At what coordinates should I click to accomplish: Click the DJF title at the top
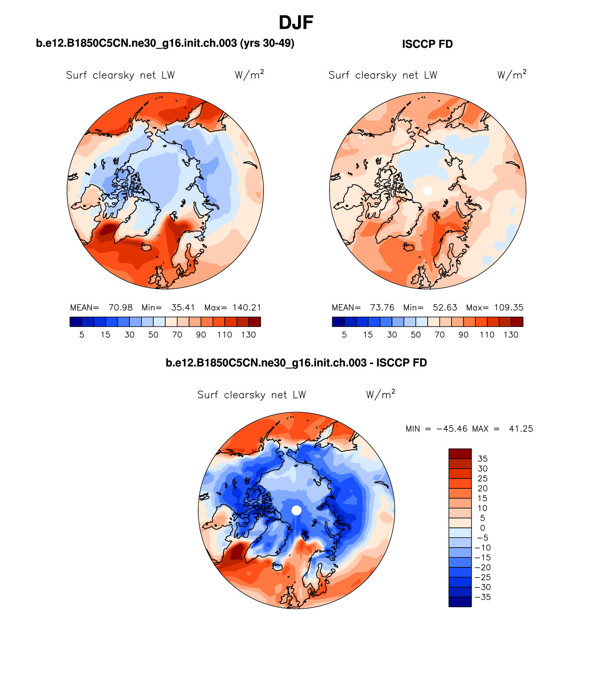(296, 23)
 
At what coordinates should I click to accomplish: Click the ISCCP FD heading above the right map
(427, 44)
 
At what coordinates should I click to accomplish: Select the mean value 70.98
(120, 308)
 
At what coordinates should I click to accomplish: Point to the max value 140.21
(247, 308)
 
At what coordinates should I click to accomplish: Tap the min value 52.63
(445, 308)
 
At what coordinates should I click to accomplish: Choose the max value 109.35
(509, 308)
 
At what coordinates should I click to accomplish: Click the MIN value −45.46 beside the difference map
(452, 429)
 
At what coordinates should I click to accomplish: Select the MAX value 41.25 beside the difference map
(521, 429)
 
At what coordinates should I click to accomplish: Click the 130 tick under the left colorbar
(249, 335)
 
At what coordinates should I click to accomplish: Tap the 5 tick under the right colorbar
(344, 335)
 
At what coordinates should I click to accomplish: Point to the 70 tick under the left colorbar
(177, 335)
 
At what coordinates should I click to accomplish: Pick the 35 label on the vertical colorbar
(483, 459)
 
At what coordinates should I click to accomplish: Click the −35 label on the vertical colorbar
(483, 597)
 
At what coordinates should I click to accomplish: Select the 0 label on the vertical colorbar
(483, 528)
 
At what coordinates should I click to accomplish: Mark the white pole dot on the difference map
(296, 510)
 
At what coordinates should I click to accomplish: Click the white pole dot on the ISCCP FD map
(428, 190)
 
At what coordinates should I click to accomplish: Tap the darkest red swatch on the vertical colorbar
(460, 454)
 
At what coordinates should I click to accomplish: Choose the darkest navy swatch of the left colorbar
(76, 322)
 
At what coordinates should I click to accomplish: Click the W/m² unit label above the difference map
(380, 395)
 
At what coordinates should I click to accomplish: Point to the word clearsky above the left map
(113, 75)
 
